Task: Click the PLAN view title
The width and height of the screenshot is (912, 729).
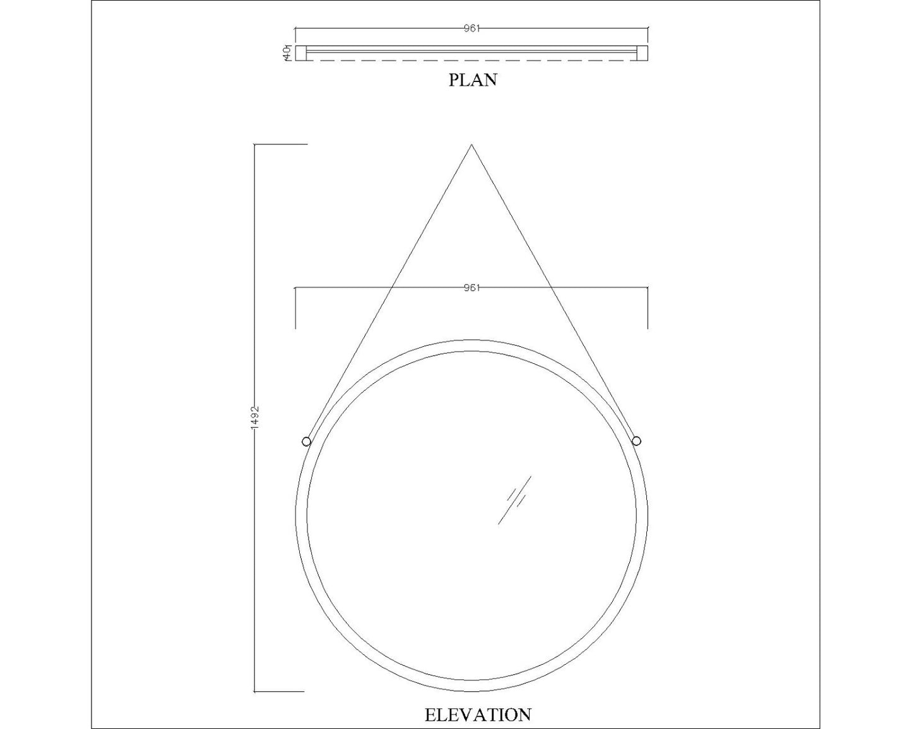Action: [x=473, y=80]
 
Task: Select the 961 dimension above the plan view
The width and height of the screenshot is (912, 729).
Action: [x=471, y=28]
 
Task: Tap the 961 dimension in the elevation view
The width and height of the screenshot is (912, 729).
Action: [x=471, y=288]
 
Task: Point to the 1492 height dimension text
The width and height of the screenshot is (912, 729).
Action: [x=255, y=418]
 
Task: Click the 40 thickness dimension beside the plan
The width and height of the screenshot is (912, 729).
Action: [x=287, y=53]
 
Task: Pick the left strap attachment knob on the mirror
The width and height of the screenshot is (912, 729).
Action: [x=306, y=442]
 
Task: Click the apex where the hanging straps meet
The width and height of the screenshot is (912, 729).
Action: [x=471, y=144]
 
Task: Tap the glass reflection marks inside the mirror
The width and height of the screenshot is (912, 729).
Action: [x=514, y=500]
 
